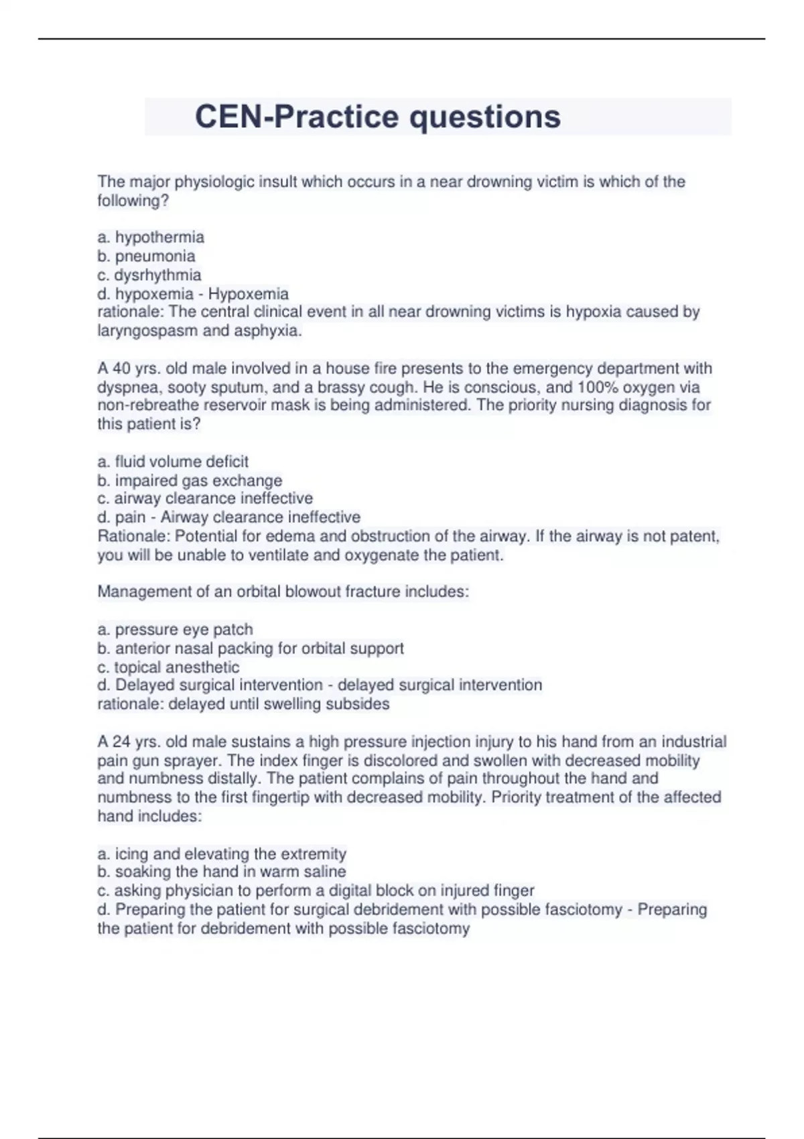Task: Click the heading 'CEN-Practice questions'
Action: [377, 117]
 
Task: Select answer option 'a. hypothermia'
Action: [151, 237]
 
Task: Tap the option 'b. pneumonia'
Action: [146, 256]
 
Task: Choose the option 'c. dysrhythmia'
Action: [149, 275]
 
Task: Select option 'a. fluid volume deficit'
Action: [173, 462]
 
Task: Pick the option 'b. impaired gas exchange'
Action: [190, 480]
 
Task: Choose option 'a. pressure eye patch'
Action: [175, 630]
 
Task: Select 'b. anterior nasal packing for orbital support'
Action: [251, 649]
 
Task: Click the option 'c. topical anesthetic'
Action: [168, 667]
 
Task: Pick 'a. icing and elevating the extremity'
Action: [222, 854]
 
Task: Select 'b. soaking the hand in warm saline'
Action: [222, 872]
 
